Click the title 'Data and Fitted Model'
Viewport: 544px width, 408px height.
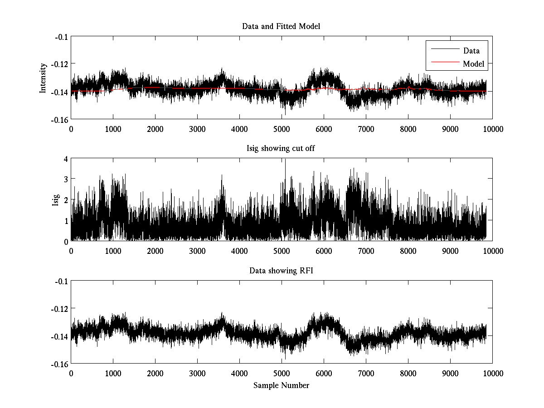point(281,26)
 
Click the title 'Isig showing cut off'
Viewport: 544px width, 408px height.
point(281,149)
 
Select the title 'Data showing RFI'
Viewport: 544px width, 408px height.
point(281,271)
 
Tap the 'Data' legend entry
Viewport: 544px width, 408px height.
point(471,51)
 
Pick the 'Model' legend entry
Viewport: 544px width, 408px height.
point(473,64)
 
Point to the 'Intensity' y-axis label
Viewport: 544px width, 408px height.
point(43,78)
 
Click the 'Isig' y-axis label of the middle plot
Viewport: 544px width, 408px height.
point(56,200)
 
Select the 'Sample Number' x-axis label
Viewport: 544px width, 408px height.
point(281,386)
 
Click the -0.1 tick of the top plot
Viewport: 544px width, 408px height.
point(61,37)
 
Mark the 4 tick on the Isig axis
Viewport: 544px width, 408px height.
point(66,159)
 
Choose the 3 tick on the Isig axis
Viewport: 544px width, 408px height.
point(66,180)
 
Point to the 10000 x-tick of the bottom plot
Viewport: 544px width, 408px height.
point(492,374)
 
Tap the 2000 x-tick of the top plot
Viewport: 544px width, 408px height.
point(155,129)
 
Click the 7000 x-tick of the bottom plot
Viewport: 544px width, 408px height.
point(366,374)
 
